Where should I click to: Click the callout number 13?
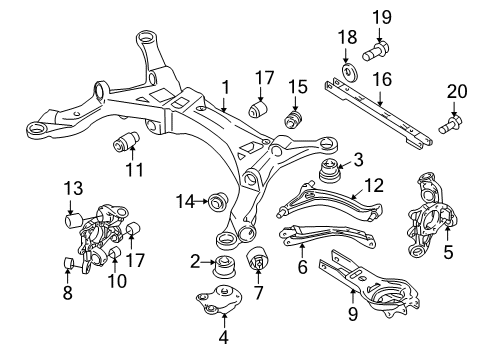(x=73, y=188)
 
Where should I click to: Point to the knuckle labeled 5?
(x=434, y=212)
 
